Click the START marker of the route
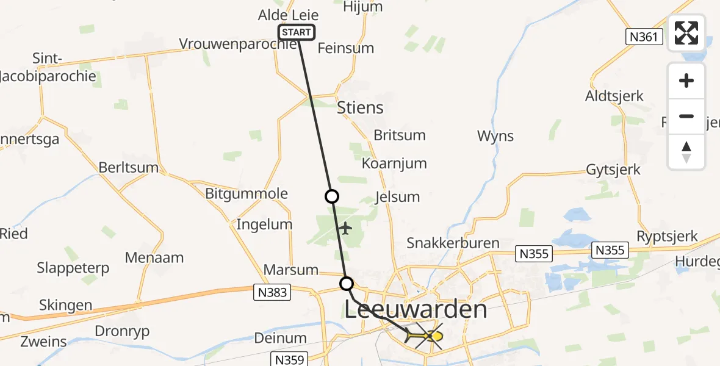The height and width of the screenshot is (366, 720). point(297,32)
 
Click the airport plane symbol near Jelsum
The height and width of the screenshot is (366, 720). point(345,229)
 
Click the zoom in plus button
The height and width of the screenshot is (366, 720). point(686,81)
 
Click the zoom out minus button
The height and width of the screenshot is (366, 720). point(686,117)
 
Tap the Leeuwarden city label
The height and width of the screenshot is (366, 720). point(416,309)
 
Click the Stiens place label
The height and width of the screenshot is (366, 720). point(360,108)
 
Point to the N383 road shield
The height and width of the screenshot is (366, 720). point(272,293)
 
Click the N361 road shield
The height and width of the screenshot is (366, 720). point(644,37)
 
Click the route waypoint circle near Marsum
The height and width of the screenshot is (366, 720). point(347,284)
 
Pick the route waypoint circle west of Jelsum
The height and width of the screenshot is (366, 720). point(331,196)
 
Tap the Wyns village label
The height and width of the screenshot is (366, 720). point(495,136)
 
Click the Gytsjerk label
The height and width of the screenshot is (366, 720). point(613,169)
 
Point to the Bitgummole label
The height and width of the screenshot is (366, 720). point(247,194)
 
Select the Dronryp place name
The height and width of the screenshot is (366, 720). point(122,331)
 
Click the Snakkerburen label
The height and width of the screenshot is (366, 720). point(453,243)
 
